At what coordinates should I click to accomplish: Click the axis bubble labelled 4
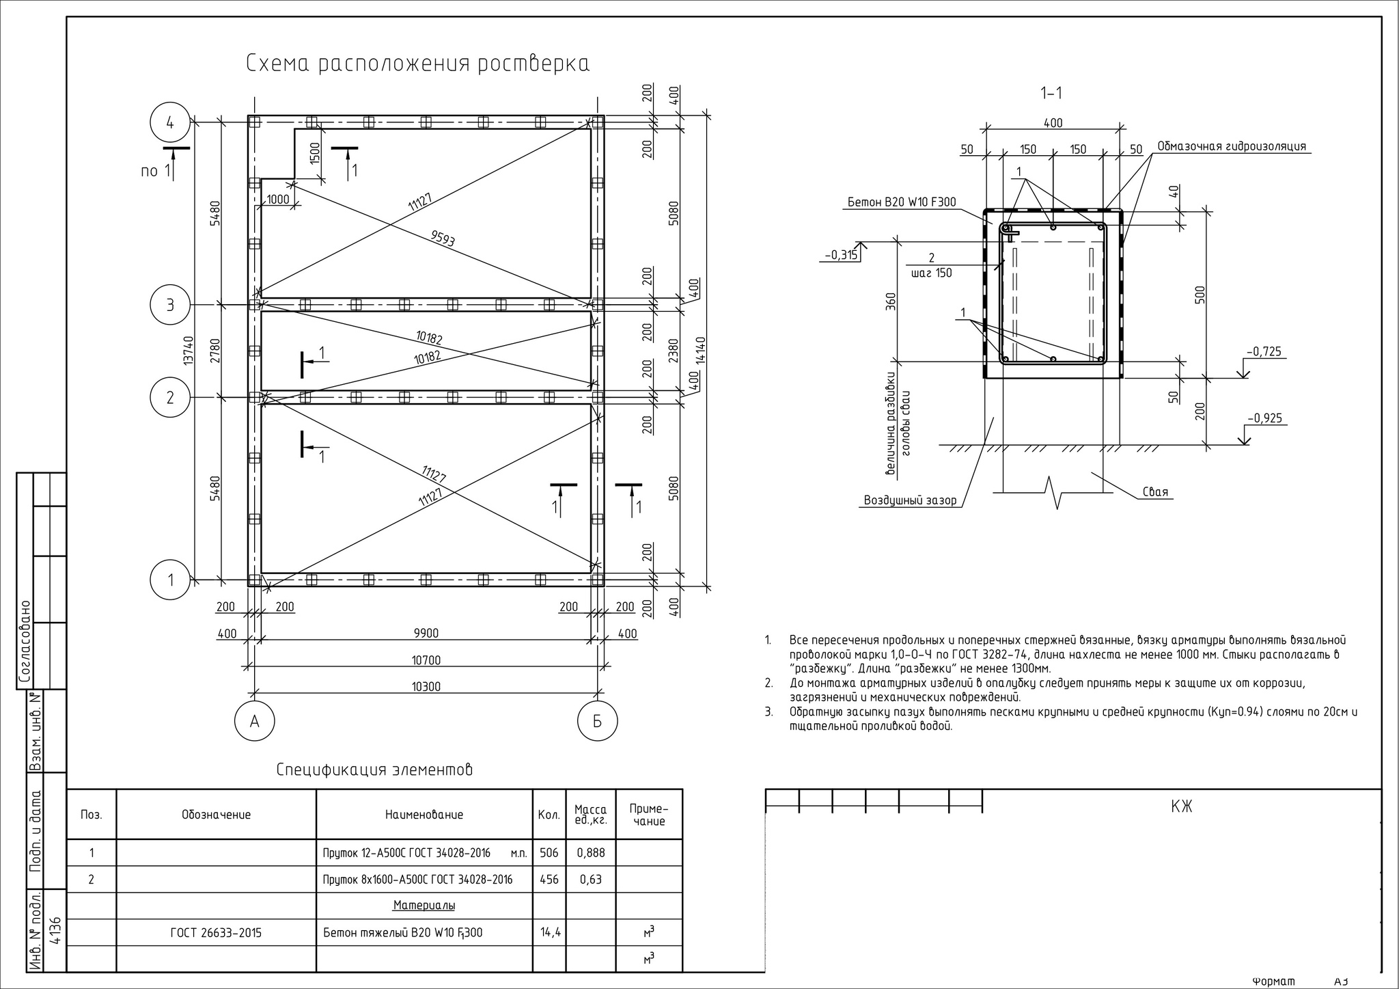pos(170,123)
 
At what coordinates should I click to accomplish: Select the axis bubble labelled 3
pos(170,305)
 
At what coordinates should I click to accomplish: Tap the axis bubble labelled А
pos(255,721)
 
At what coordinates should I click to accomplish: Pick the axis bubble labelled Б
pos(597,721)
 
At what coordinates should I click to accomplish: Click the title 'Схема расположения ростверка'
pos(417,64)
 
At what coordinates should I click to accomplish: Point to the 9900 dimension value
pos(426,634)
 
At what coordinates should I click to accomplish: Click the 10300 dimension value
pos(426,687)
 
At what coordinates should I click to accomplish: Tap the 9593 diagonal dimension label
pos(443,238)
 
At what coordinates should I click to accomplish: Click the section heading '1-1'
pos(1051,93)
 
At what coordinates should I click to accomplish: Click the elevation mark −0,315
pos(841,256)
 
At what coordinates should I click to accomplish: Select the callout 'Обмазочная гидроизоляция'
pos(1232,146)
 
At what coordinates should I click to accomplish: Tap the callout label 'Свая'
pos(1155,492)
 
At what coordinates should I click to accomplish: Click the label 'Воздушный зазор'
pos(911,500)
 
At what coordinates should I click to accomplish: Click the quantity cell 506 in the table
pos(549,853)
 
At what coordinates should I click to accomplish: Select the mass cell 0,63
pos(591,880)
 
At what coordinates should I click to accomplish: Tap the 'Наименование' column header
pos(424,815)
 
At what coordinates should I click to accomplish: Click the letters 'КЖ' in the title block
pos(1181,807)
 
